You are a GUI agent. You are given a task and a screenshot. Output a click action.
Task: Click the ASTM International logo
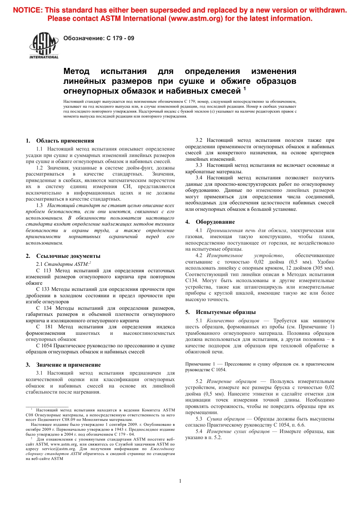point(44,45)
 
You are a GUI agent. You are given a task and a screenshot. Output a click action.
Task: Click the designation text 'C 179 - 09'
point(120,38)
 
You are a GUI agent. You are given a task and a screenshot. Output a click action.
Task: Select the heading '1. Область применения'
point(60,141)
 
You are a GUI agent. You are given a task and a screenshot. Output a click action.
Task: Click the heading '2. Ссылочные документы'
point(63,256)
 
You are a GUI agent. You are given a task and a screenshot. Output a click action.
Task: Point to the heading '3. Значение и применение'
point(63,365)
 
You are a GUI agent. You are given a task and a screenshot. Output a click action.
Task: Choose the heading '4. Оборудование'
point(210,222)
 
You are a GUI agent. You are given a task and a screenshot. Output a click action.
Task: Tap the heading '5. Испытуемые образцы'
point(220,312)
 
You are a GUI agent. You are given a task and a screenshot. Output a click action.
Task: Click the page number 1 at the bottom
point(180,481)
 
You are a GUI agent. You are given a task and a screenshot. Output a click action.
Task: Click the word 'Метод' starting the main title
point(76,71)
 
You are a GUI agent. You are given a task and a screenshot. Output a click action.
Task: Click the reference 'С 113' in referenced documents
point(44,271)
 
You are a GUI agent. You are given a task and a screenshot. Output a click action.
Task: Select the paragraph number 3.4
point(199,178)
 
